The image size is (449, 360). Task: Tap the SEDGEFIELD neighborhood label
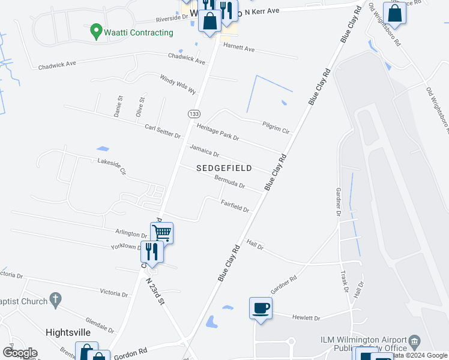[x=224, y=168]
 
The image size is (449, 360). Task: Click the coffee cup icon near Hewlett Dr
[x=261, y=308]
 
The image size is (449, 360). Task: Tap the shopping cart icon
[x=162, y=232]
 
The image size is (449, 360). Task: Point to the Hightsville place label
[x=68, y=332]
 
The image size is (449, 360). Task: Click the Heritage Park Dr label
[x=218, y=131]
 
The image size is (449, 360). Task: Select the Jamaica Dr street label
[x=204, y=150]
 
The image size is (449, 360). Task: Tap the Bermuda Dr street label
[x=229, y=182]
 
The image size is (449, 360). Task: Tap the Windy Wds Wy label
[x=178, y=84]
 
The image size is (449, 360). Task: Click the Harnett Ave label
[x=239, y=47]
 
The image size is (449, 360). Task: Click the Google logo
[x=20, y=353]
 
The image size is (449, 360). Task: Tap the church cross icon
[x=55, y=298]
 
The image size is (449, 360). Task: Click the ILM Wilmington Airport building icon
[x=415, y=343]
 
